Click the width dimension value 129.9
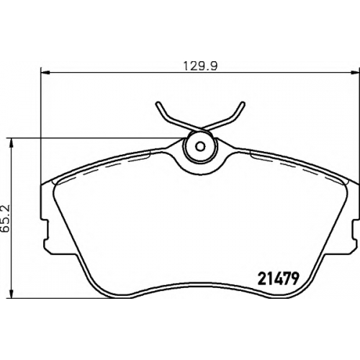click(200, 66)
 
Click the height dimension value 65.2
click(5, 218)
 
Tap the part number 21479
click(278, 279)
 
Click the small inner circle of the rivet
click(200, 146)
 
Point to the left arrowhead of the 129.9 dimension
click(45, 71)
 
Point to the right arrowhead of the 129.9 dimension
click(354, 71)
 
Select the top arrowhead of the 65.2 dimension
click(11, 143)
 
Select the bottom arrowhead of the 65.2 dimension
click(11, 294)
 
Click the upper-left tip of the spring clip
click(158, 104)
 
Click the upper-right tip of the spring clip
click(243, 104)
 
